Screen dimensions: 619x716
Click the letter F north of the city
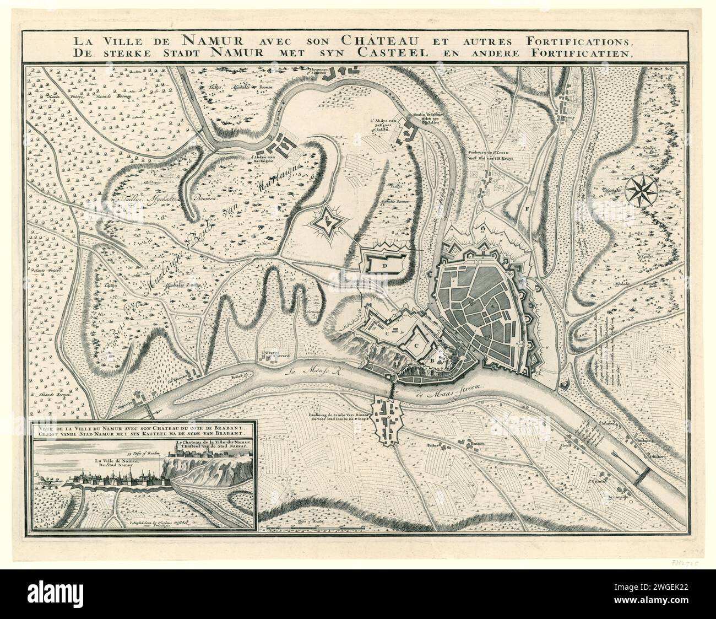click(527, 209)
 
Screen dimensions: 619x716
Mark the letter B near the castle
click(432, 361)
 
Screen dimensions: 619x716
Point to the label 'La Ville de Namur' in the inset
click(117, 461)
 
